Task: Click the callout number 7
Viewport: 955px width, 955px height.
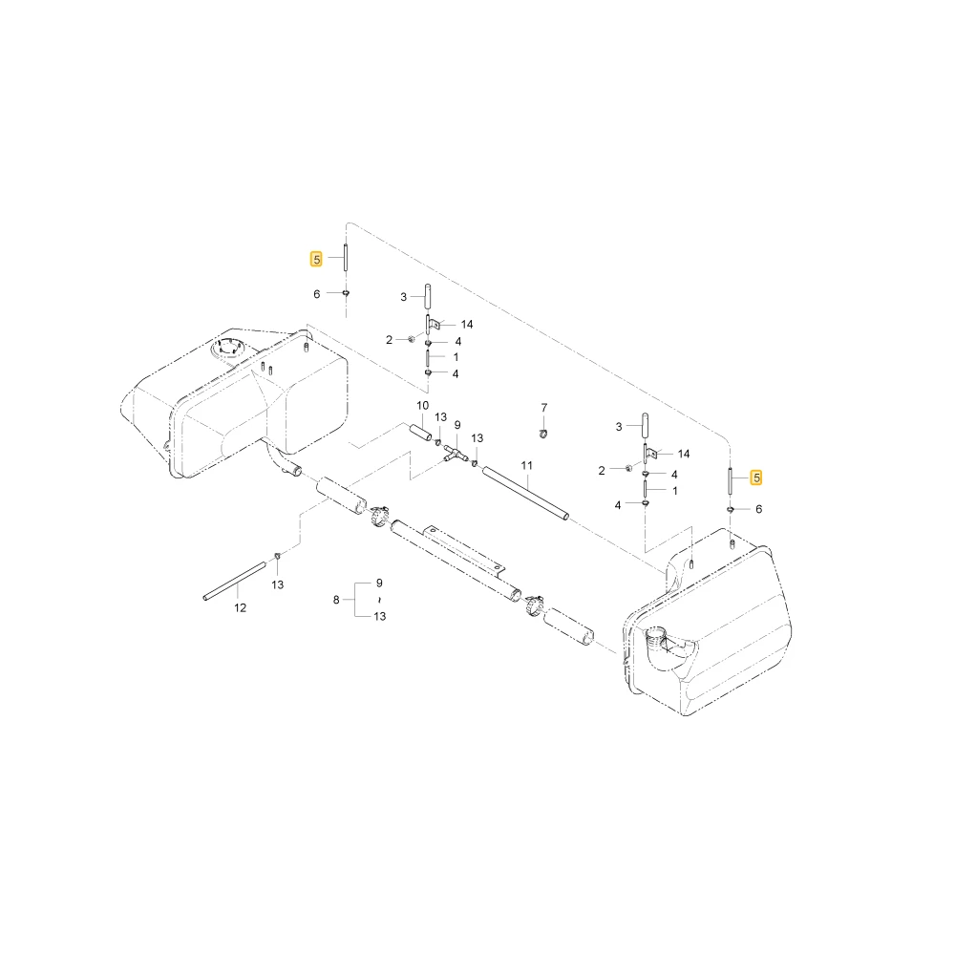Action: coord(544,408)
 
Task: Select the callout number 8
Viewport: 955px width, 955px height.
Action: coord(336,600)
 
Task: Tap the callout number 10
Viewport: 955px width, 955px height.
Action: coord(423,406)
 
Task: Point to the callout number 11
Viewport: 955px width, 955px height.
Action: coord(527,465)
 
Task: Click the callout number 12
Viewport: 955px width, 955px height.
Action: coord(240,607)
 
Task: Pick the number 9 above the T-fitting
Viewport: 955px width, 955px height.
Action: coord(457,425)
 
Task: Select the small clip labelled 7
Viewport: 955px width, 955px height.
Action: coord(544,433)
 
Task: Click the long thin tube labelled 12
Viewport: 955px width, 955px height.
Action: coord(235,581)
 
